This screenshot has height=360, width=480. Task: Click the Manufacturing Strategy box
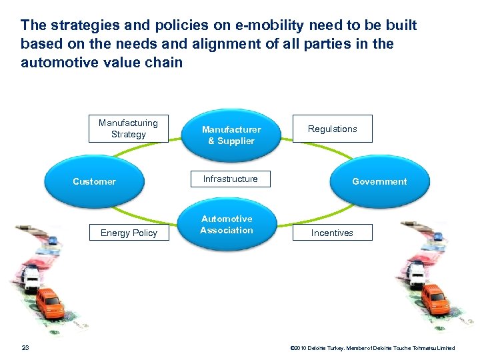(x=128, y=129)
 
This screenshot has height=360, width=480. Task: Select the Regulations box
(x=333, y=129)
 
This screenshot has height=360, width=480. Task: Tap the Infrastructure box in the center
(x=230, y=179)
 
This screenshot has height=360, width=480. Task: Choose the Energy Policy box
(x=128, y=233)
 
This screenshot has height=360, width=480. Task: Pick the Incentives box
(x=332, y=233)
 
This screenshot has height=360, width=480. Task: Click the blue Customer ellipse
(x=94, y=181)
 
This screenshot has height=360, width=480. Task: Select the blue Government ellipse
(x=379, y=181)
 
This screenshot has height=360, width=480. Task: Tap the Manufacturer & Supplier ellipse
(x=231, y=135)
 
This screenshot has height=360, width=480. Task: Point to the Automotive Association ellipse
(x=227, y=225)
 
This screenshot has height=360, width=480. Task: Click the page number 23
(x=25, y=347)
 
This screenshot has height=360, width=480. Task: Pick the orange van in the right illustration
(x=434, y=297)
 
